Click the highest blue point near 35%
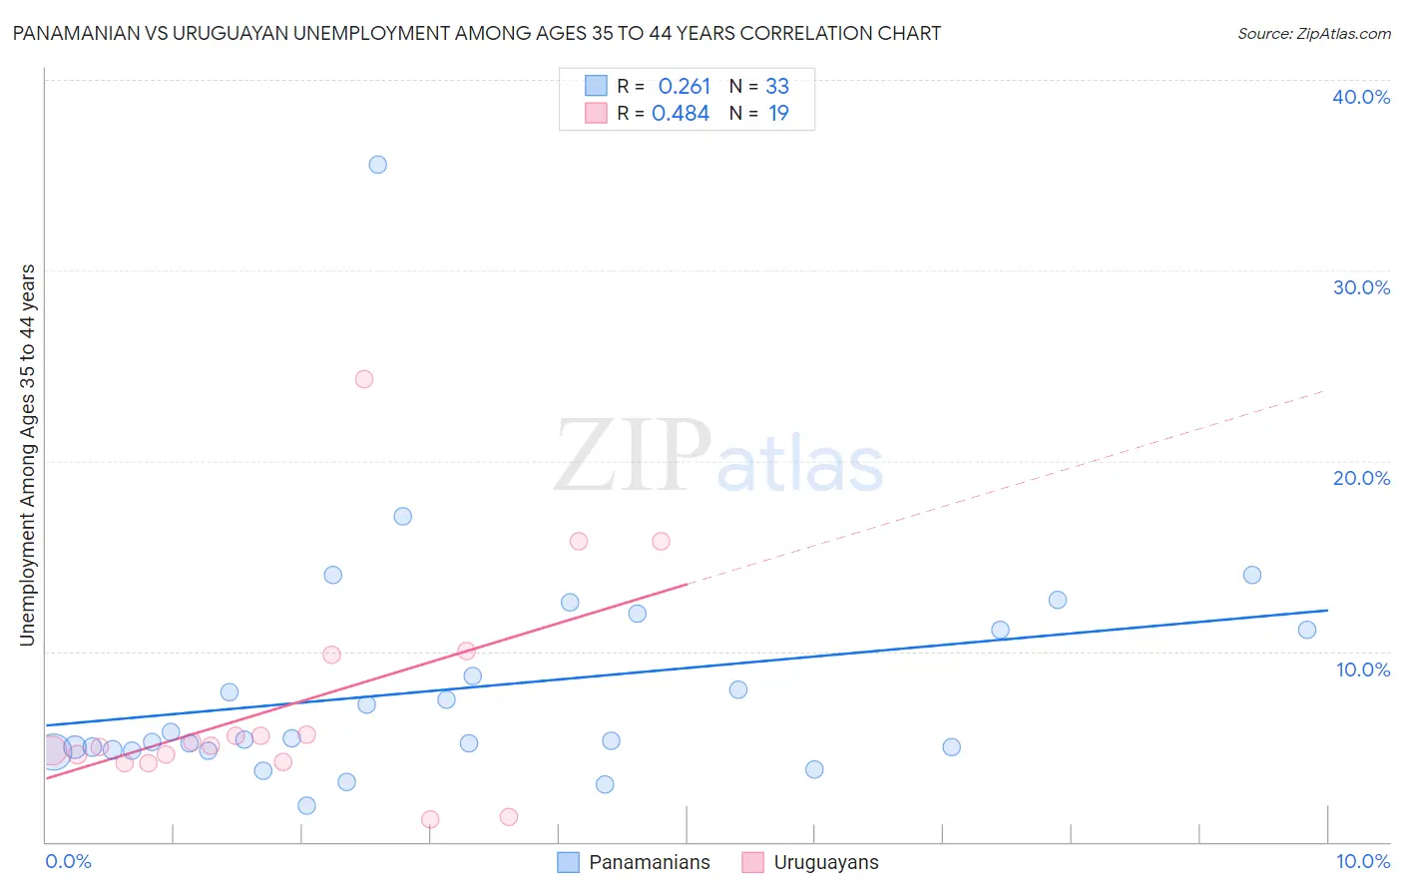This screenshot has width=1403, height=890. pos(377,165)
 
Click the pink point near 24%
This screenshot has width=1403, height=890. pos(364,379)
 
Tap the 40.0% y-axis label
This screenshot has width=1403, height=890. pos(1361,97)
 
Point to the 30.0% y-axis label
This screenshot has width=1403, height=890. pos(1361,287)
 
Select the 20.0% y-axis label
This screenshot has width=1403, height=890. pos(1361,478)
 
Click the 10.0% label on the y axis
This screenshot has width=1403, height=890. pos(1363,669)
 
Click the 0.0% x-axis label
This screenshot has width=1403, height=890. pos(69,861)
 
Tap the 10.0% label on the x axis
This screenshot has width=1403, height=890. pos(1362,861)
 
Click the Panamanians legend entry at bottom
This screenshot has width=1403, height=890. pos(649,862)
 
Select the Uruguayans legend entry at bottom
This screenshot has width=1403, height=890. pos(825,862)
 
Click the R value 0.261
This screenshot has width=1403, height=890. pos(684,87)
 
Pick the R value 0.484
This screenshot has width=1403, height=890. pos(681,114)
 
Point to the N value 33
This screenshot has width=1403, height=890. pos(777,87)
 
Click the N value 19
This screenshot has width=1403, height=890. pos(778,114)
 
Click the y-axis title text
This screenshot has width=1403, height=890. pos(28,455)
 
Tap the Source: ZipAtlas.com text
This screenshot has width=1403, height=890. pos(1313,34)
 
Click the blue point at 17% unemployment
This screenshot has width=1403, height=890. pos(402,516)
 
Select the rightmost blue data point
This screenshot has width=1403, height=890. pos(1307,630)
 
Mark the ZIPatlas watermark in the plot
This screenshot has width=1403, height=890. pos(718,457)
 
